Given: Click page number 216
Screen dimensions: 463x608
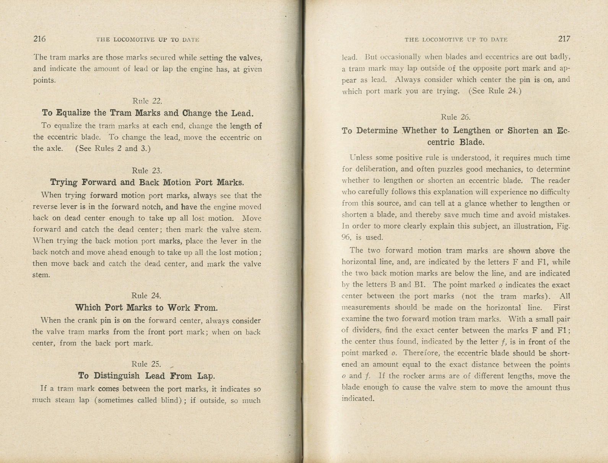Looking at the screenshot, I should [x=39, y=39].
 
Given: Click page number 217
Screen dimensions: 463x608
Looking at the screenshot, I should [x=564, y=39].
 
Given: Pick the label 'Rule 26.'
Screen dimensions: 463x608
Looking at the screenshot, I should [x=455, y=117].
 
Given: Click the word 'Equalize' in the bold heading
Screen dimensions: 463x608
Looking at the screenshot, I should [x=73, y=113].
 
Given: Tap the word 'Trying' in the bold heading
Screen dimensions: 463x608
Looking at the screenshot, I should [x=64, y=183].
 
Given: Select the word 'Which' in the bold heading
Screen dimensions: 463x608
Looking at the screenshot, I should [x=88, y=308].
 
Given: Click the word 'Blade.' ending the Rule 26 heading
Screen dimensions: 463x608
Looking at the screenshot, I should [x=472, y=142].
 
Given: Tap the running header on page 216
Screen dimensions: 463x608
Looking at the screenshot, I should [x=148, y=39].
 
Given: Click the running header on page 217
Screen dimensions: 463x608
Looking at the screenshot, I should [x=456, y=39].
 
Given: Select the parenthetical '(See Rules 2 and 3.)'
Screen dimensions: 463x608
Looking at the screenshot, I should [x=113, y=148].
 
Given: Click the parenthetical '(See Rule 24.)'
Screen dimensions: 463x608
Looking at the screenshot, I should [x=495, y=91].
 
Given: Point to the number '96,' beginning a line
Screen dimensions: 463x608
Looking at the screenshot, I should [x=347, y=237].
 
